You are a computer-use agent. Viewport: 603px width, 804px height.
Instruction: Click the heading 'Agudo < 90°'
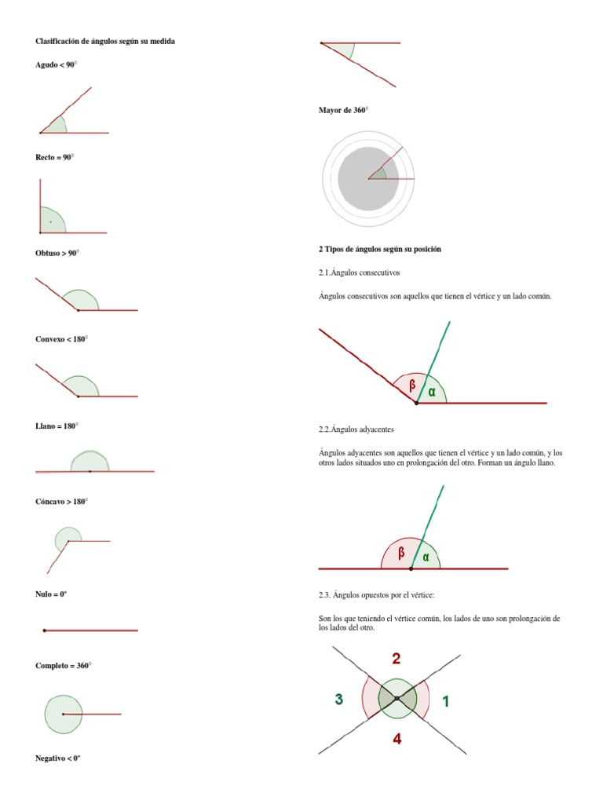pyautogui.click(x=56, y=64)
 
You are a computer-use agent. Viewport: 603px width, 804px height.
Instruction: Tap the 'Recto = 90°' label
pyautogui.click(x=54, y=157)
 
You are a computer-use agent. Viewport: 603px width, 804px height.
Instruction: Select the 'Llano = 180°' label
pyautogui.click(x=57, y=426)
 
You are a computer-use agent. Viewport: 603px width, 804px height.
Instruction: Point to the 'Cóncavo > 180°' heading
pyautogui.click(x=61, y=502)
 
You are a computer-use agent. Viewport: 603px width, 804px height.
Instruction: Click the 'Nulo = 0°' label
pyautogui.click(x=51, y=594)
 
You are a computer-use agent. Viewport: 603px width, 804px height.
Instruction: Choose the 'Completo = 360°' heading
pyautogui.click(x=63, y=666)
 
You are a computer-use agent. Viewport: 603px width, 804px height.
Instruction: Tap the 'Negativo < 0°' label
pyautogui.click(x=58, y=758)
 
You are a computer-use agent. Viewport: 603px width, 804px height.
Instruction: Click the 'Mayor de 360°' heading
pyautogui.click(x=344, y=110)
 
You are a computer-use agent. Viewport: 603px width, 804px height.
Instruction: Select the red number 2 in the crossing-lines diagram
pyautogui.click(x=396, y=659)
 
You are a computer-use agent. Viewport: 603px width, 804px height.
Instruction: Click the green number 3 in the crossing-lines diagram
pyautogui.click(x=339, y=699)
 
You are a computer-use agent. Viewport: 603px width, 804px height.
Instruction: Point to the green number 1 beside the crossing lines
pyautogui.click(x=446, y=701)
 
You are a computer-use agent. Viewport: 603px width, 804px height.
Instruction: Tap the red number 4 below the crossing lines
pyautogui.click(x=397, y=739)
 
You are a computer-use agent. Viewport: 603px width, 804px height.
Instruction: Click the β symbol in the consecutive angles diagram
pyautogui.click(x=412, y=385)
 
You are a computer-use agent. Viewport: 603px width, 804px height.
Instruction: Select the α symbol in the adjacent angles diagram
pyautogui.click(x=426, y=557)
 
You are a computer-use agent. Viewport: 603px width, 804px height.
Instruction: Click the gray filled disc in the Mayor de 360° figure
pyautogui.click(x=368, y=179)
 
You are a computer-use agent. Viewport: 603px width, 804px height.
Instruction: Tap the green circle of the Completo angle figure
pyautogui.click(x=63, y=696)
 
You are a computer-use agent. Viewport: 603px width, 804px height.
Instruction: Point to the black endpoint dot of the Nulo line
pyautogui.click(x=45, y=630)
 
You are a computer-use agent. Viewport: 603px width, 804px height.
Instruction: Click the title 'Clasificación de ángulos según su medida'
pyautogui.click(x=105, y=41)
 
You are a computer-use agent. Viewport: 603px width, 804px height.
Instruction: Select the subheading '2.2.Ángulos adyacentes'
pyautogui.click(x=356, y=429)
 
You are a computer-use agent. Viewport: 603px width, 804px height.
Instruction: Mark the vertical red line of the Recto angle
pyautogui.click(x=40, y=206)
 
